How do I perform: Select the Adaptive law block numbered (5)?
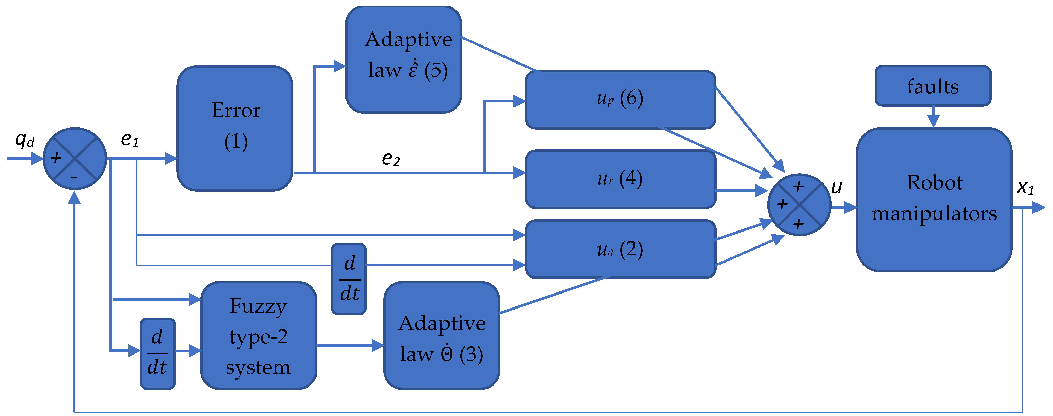403,60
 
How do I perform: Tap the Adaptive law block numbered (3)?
442,335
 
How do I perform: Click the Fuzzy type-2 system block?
258,335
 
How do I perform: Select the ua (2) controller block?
620,249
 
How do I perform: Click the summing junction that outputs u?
799,205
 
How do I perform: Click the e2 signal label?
390,159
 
